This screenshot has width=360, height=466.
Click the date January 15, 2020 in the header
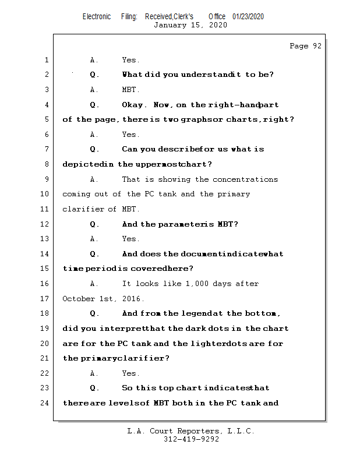(190, 25)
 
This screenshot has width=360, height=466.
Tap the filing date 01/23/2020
(248, 16)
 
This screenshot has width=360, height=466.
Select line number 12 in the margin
(46, 224)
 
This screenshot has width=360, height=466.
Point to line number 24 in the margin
(46, 403)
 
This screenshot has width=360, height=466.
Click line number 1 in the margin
(46, 60)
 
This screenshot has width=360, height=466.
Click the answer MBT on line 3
(130, 90)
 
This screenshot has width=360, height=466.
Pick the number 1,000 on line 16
(197, 284)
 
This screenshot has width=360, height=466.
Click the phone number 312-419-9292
(191, 439)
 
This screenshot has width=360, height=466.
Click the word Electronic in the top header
(97, 16)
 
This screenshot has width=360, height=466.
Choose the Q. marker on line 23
(94, 388)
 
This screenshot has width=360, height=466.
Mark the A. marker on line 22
(94, 373)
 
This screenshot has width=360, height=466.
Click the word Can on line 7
(130, 150)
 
